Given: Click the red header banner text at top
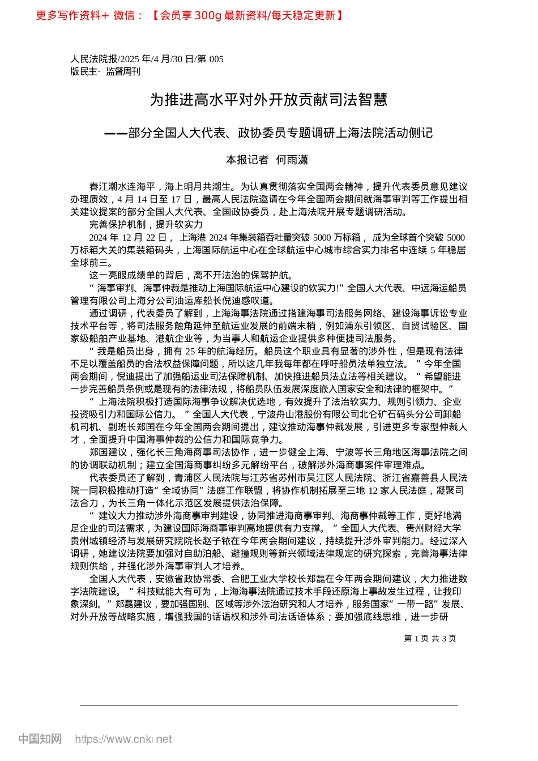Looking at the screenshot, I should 190,15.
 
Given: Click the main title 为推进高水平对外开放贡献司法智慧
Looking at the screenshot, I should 268,100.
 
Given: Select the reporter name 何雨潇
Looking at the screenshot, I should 292,160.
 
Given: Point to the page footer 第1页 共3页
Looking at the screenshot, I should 430,638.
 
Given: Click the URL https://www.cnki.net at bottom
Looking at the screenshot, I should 123,739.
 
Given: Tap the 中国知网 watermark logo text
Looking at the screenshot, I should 40,739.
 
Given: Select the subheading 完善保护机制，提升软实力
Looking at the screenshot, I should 146,225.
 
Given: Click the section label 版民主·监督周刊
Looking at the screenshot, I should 105,71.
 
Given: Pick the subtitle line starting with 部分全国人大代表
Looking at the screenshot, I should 280,133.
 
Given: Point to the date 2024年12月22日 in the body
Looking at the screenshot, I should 127,237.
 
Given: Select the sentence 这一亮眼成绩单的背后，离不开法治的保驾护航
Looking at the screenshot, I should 191,275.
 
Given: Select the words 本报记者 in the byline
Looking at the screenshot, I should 247,160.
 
